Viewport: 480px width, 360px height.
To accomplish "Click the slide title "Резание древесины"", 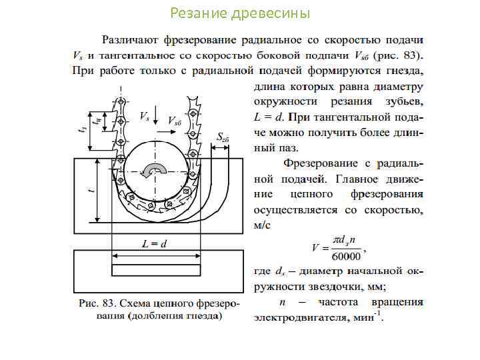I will click(x=240, y=13).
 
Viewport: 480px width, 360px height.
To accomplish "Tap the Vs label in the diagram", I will click(x=144, y=116).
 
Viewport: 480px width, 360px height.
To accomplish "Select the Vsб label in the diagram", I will click(x=175, y=121).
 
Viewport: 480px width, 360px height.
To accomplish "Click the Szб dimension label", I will click(x=222, y=137).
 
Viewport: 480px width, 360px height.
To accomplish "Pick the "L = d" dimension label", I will click(x=154, y=245).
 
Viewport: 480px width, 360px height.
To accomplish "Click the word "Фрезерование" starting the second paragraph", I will click(x=319, y=163).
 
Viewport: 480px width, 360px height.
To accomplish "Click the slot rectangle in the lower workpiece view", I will click(x=156, y=270).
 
